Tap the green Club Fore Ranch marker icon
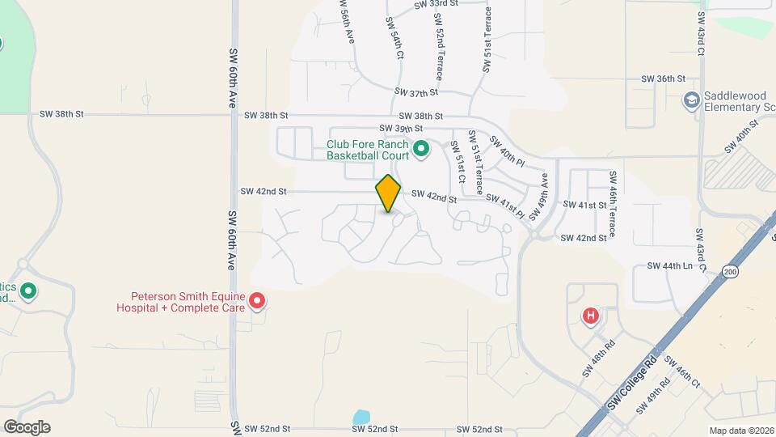[420, 149]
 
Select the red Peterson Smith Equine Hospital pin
[258, 302]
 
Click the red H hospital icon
[591, 315]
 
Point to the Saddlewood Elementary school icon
[691, 100]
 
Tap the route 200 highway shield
[731, 271]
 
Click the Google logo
[27, 426]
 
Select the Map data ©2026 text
[740, 431]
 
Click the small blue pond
[361, 418]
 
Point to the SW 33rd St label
[436, 4]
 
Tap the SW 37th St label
[416, 93]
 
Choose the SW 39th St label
[401, 129]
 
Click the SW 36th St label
[663, 78]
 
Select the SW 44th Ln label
[670, 265]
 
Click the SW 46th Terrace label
[614, 205]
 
